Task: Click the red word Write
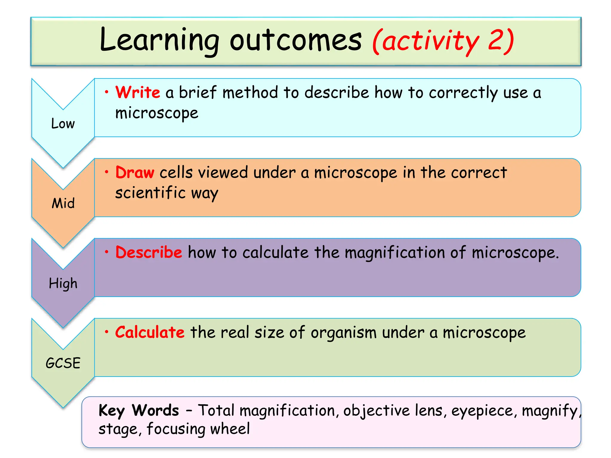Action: point(138,92)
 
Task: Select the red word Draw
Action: point(135,172)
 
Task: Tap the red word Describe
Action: point(149,252)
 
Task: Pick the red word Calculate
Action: point(150,332)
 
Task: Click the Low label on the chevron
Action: point(63,123)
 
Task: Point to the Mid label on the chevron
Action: point(63,203)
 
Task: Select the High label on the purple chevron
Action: point(63,283)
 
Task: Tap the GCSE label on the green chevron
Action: point(63,363)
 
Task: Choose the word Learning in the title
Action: point(159,41)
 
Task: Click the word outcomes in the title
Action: point(295,41)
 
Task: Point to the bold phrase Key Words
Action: point(139,410)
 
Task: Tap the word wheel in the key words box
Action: point(230,429)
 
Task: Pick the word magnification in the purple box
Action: point(395,253)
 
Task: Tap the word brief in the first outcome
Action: point(197,92)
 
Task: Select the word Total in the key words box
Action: point(216,410)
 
